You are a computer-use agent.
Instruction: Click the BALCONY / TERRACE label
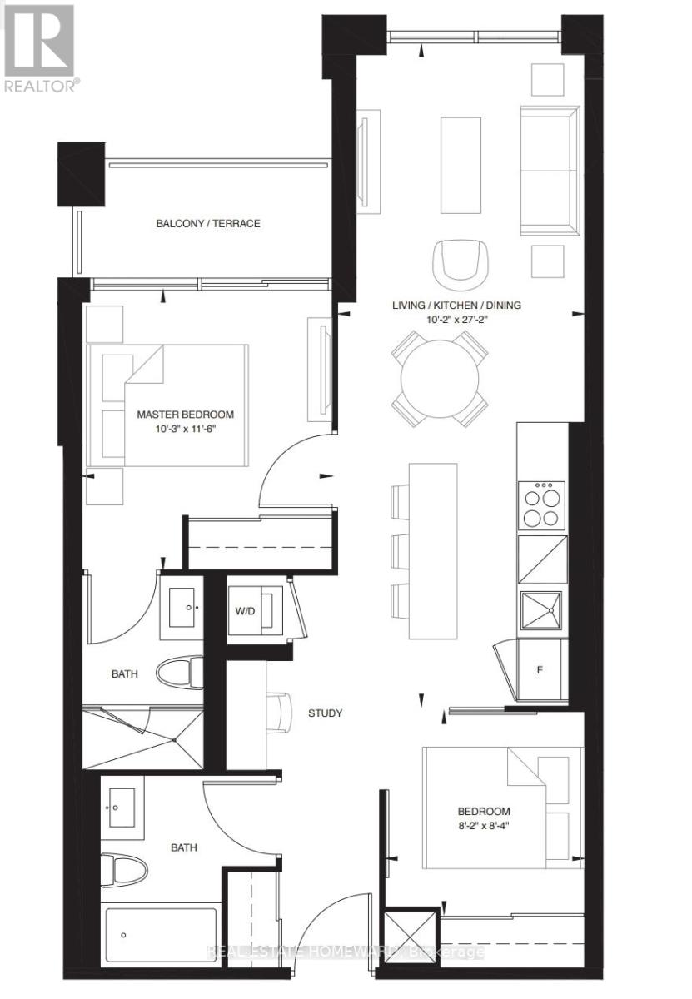(208, 223)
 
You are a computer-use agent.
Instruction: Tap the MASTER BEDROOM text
(185, 414)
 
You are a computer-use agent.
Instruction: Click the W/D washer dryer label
(245, 610)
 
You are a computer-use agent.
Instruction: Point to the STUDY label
(325, 713)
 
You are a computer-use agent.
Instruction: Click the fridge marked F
(540, 669)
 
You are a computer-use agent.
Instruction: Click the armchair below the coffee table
(456, 261)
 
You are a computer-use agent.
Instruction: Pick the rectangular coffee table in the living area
(461, 166)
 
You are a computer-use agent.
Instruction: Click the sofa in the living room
(550, 170)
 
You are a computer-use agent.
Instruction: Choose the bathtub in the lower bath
(161, 952)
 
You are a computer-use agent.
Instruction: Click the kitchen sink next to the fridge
(542, 614)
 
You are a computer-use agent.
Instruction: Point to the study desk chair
(281, 712)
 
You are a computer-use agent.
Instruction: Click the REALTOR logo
(39, 46)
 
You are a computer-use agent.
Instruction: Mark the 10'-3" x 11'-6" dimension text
(185, 429)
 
